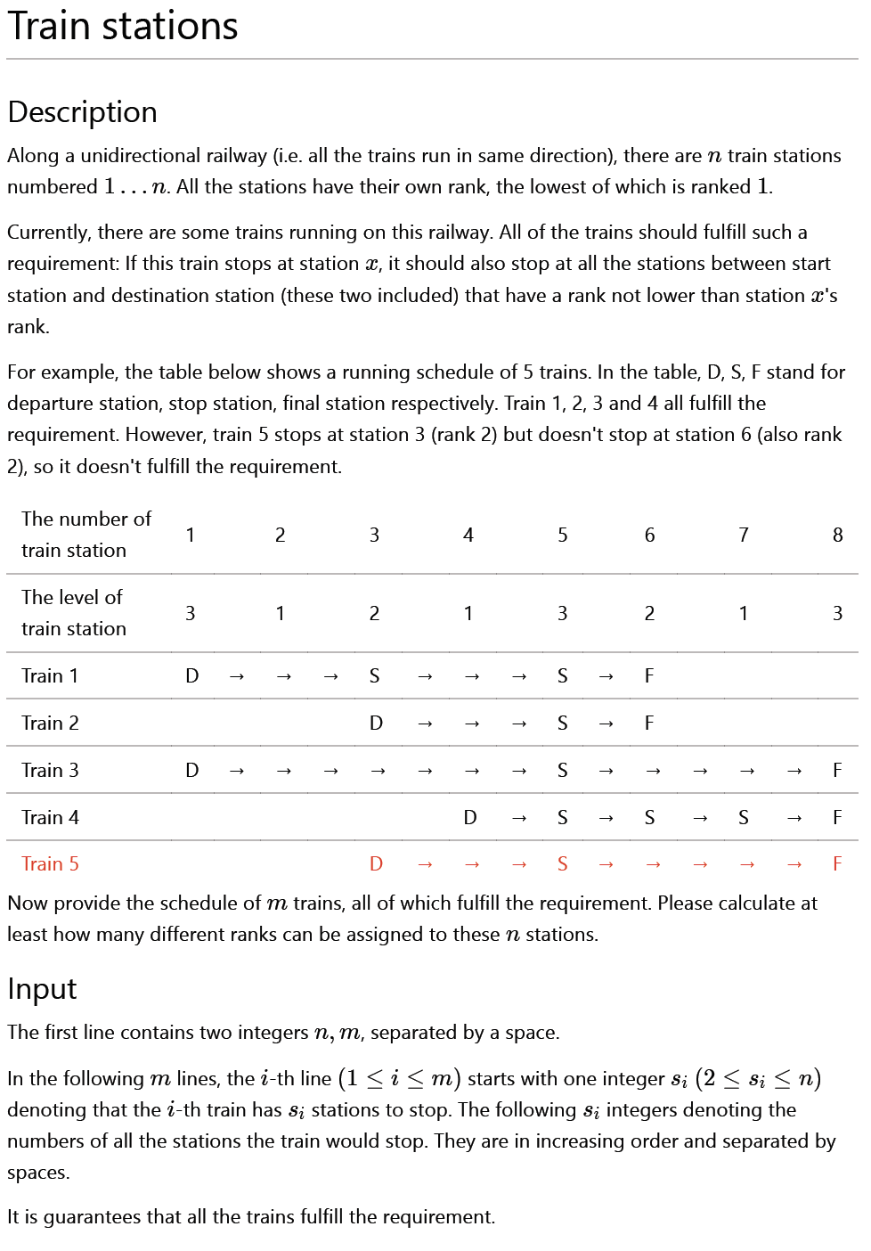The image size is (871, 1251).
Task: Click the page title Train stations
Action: click(x=123, y=26)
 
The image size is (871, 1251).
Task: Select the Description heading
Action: click(x=82, y=112)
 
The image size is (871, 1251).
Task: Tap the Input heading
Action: click(x=42, y=989)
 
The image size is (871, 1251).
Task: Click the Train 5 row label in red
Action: click(x=50, y=863)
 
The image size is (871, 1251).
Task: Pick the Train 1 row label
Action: click(x=50, y=675)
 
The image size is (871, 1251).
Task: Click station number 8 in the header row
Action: click(x=837, y=535)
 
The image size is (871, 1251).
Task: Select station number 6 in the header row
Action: click(x=649, y=535)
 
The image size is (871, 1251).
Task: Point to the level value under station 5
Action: click(x=562, y=613)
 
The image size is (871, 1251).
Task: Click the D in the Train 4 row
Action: click(x=469, y=817)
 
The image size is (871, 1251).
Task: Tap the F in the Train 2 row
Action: click(x=649, y=723)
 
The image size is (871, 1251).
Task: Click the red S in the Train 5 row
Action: click(x=562, y=863)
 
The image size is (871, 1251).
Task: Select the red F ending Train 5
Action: click(x=837, y=863)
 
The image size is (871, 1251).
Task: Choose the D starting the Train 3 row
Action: click(x=191, y=770)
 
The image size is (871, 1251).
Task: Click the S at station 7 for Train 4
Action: click(x=743, y=817)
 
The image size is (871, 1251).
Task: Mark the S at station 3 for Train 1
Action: click(x=374, y=675)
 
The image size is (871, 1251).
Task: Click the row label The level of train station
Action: click(x=74, y=613)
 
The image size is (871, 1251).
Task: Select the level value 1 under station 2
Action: click(x=280, y=613)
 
